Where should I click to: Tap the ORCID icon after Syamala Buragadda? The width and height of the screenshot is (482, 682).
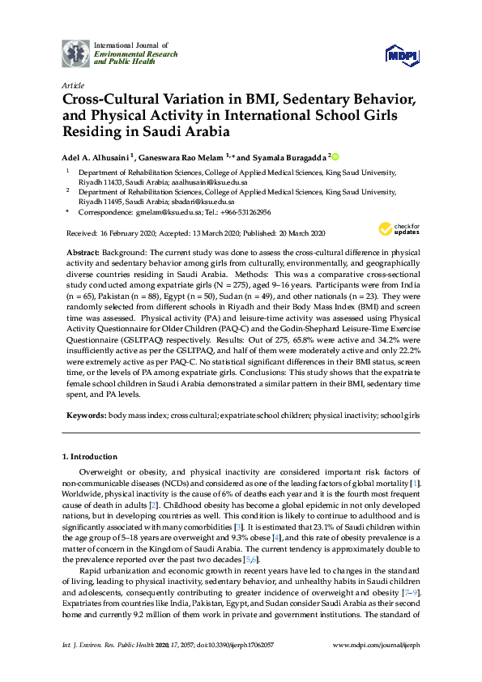click(x=335, y=156)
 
